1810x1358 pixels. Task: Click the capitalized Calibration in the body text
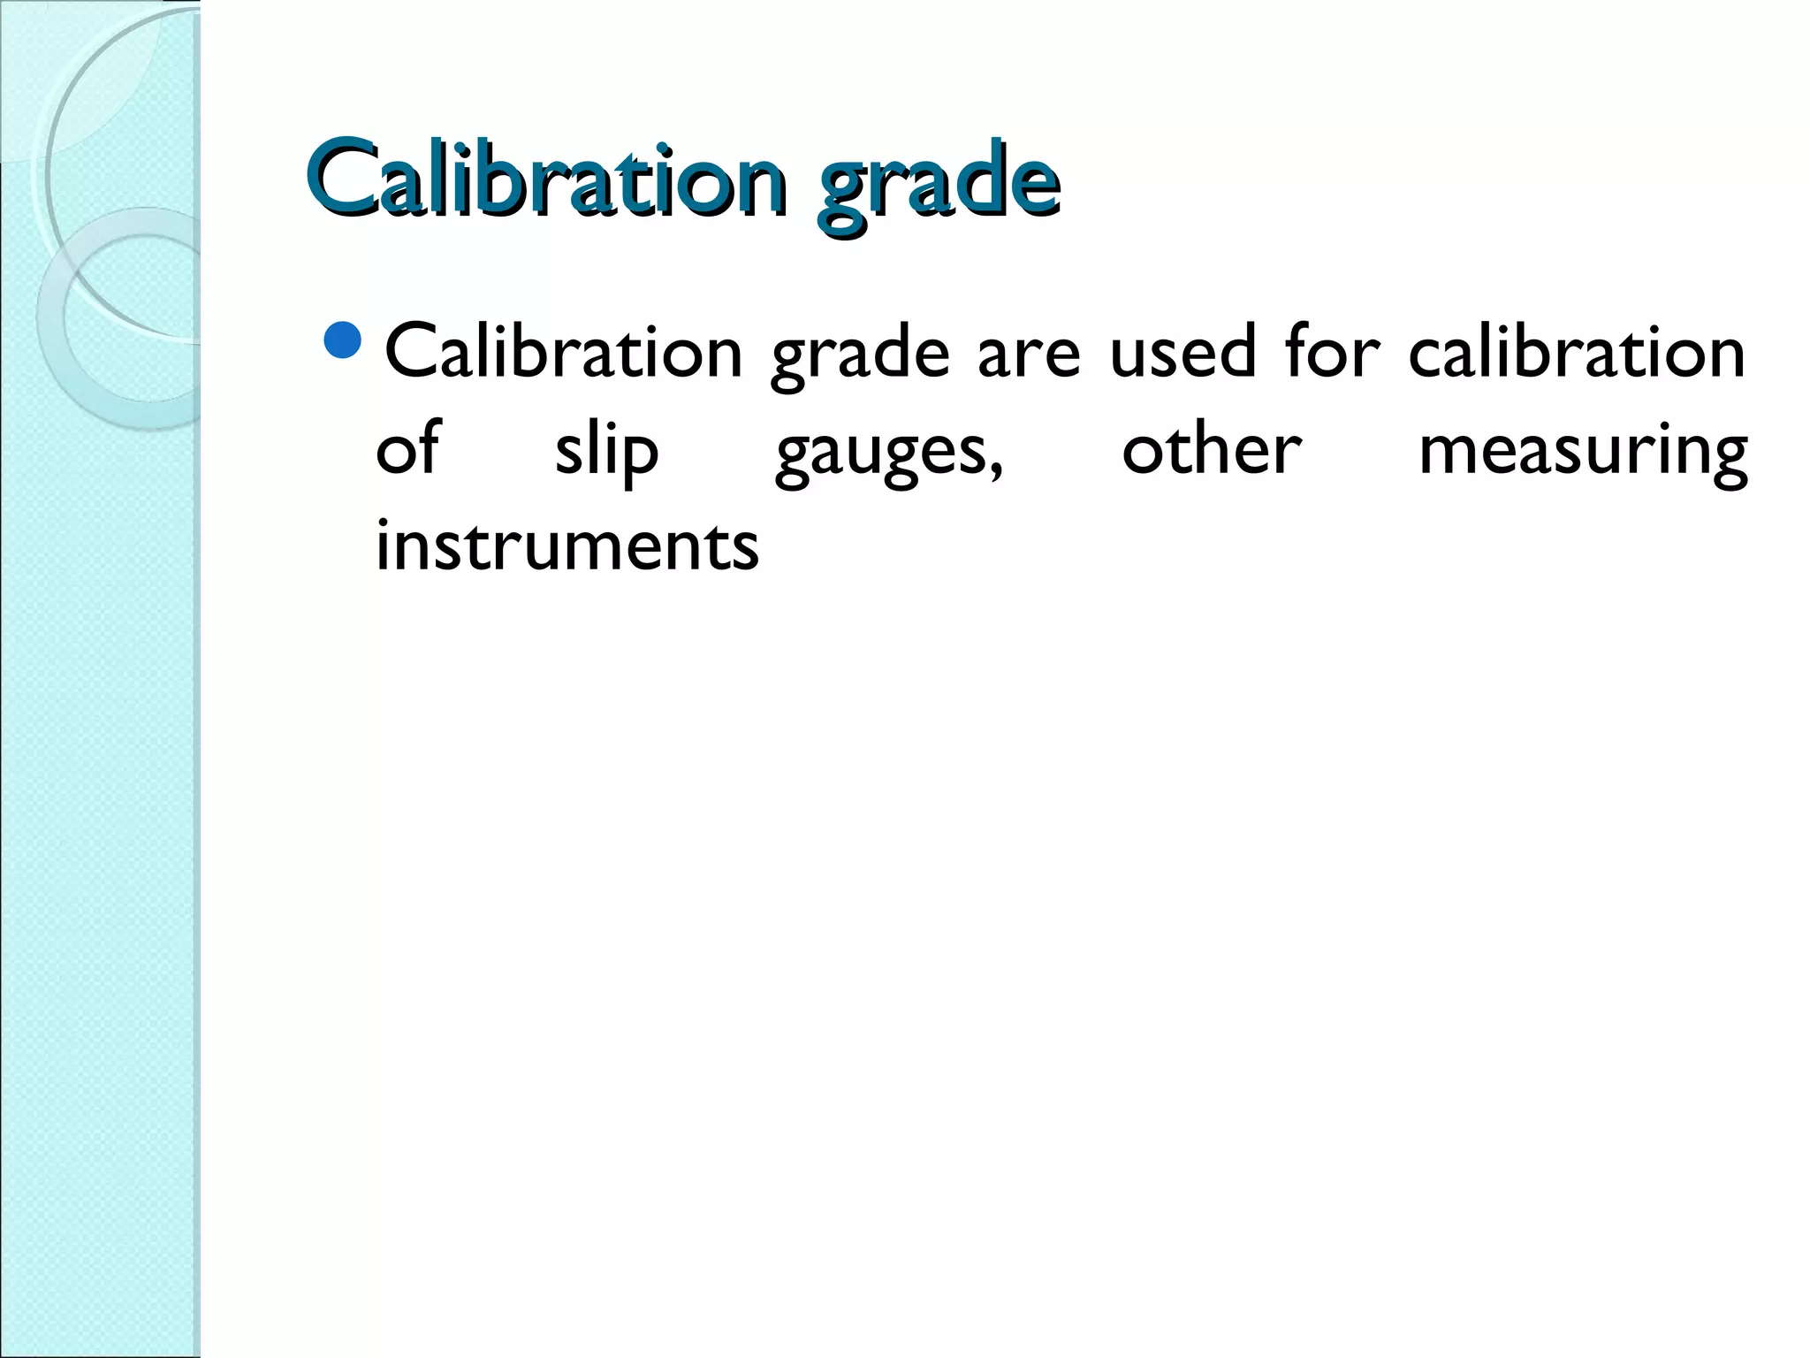point(564,352)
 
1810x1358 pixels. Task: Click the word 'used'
point(1183,352)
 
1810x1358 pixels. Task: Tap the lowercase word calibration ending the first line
point(1577,352)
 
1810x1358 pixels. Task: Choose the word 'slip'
point(606,451)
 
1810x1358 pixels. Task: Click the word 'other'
point(1211,449)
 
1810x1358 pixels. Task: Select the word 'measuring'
point(1583,453)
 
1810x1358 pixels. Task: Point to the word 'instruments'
point(567,545)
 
